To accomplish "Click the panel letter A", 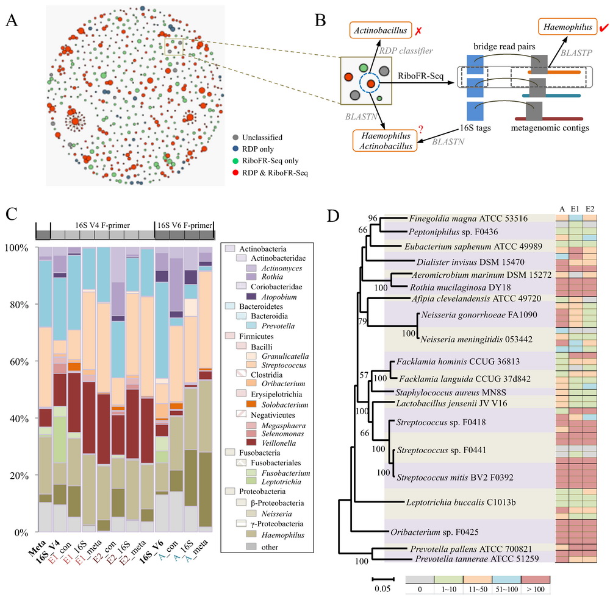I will point(11,21).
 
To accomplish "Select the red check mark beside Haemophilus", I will point(603,28).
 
